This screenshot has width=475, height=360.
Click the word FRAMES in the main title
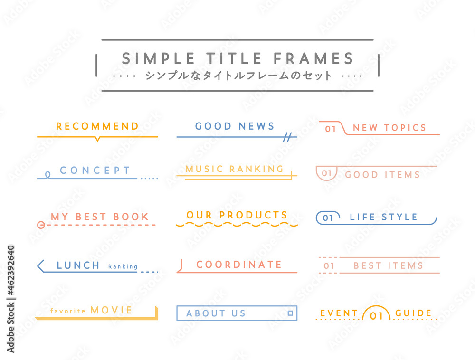pos(313,58)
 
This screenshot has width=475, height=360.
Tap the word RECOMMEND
pos(97,126)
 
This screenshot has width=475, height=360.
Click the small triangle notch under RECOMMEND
pos(97,139)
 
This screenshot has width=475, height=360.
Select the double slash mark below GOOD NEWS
pos(287,137)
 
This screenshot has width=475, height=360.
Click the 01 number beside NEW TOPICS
pos(331,129)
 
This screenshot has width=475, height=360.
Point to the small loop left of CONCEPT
pos(47,175)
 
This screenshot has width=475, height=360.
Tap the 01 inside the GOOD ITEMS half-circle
pos(327,173)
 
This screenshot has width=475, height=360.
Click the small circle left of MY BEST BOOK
pos(41,225)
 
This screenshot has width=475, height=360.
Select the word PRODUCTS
pos(253,215)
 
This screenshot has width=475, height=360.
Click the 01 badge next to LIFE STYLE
pos(328,218)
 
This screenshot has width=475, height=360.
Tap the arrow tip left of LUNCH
pos(38,266)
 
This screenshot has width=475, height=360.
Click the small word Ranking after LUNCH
pos(123,267)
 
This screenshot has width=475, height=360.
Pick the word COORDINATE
pos(239,265)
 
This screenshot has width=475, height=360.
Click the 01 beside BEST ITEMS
pos(329,266)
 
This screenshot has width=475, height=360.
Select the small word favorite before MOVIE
pos(68,311)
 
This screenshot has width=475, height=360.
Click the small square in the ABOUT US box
pos(290,313)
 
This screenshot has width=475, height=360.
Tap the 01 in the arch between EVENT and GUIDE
pos(376,316)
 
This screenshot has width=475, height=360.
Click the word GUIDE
pos(414,313)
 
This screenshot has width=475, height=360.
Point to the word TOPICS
pos(405,128)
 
